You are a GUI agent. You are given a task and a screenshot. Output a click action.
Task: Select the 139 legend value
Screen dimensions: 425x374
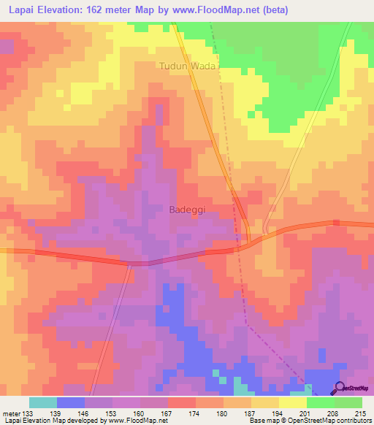(56, 413)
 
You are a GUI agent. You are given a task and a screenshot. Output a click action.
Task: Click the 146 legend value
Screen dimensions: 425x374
(84, 413)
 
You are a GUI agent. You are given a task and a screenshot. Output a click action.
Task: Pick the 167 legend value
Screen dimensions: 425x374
(167, 413)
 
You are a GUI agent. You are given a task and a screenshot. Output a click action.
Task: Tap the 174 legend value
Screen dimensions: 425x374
(195, 413)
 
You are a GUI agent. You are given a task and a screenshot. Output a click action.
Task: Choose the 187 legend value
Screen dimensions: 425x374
(251, 413)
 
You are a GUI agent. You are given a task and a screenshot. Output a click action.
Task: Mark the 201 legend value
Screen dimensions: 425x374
(306, 413)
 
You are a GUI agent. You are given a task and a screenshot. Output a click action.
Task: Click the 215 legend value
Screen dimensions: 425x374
(361, 413)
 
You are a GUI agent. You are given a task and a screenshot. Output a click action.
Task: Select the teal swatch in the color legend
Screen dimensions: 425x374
(43, 402)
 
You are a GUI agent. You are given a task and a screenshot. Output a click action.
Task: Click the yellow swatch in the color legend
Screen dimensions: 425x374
(292, 402)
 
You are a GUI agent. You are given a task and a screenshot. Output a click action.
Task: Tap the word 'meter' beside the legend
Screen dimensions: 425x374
(11, 413)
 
